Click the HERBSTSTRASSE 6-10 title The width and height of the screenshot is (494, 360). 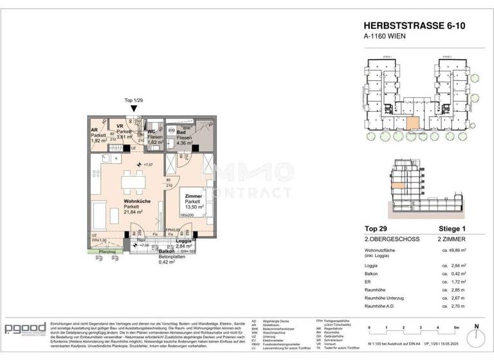[408, 26]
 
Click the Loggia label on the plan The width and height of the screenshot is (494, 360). [183, 240]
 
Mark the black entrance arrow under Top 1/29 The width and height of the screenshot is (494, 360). [133, 110]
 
